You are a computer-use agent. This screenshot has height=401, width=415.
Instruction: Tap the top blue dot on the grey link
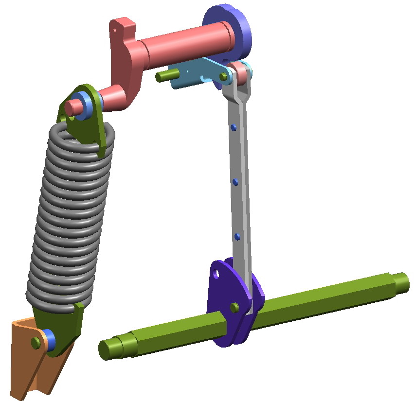pos(234,128)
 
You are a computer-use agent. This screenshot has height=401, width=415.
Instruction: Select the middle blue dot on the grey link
pos(235,182)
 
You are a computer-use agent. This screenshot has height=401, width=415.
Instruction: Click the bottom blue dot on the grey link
pos(237,237)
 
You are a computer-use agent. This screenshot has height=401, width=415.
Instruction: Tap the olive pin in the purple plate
pos(235,307)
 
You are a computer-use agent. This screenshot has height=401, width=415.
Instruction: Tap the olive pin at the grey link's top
pos(223,77)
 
